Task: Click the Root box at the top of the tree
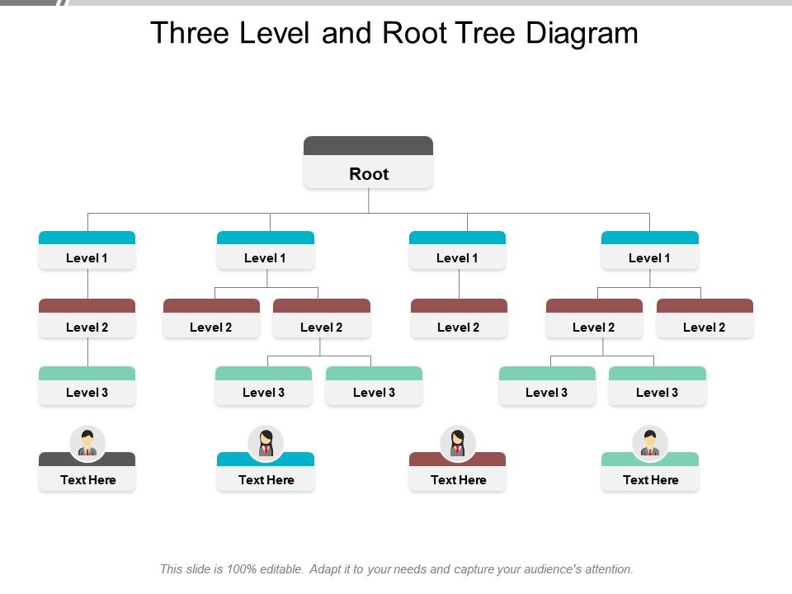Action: point(368,173)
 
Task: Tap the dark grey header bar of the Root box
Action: point(368,145)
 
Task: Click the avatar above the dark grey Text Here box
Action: point(87,442)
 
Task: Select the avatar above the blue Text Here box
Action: point(266,442)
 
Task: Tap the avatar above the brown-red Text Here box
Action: point(458,442)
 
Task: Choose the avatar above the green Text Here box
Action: point(650,442)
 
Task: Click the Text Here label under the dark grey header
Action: point(87,479)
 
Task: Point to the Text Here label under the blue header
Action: point(266,479)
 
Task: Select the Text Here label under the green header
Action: point(650,479)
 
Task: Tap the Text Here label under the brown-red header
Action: point(458,479)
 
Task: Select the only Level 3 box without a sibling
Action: point(87,392)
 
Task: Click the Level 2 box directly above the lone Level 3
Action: point(87,327)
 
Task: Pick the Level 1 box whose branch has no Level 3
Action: point(457,257)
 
